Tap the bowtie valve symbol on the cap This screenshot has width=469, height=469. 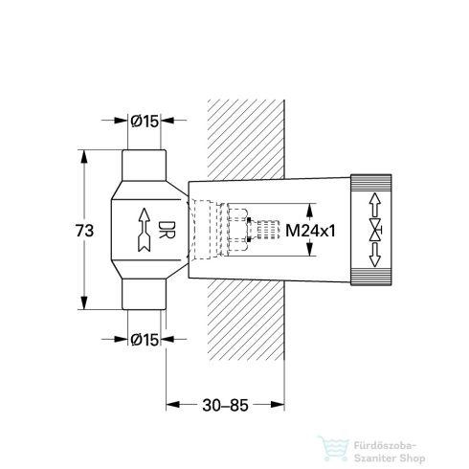(x=373, y=231)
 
